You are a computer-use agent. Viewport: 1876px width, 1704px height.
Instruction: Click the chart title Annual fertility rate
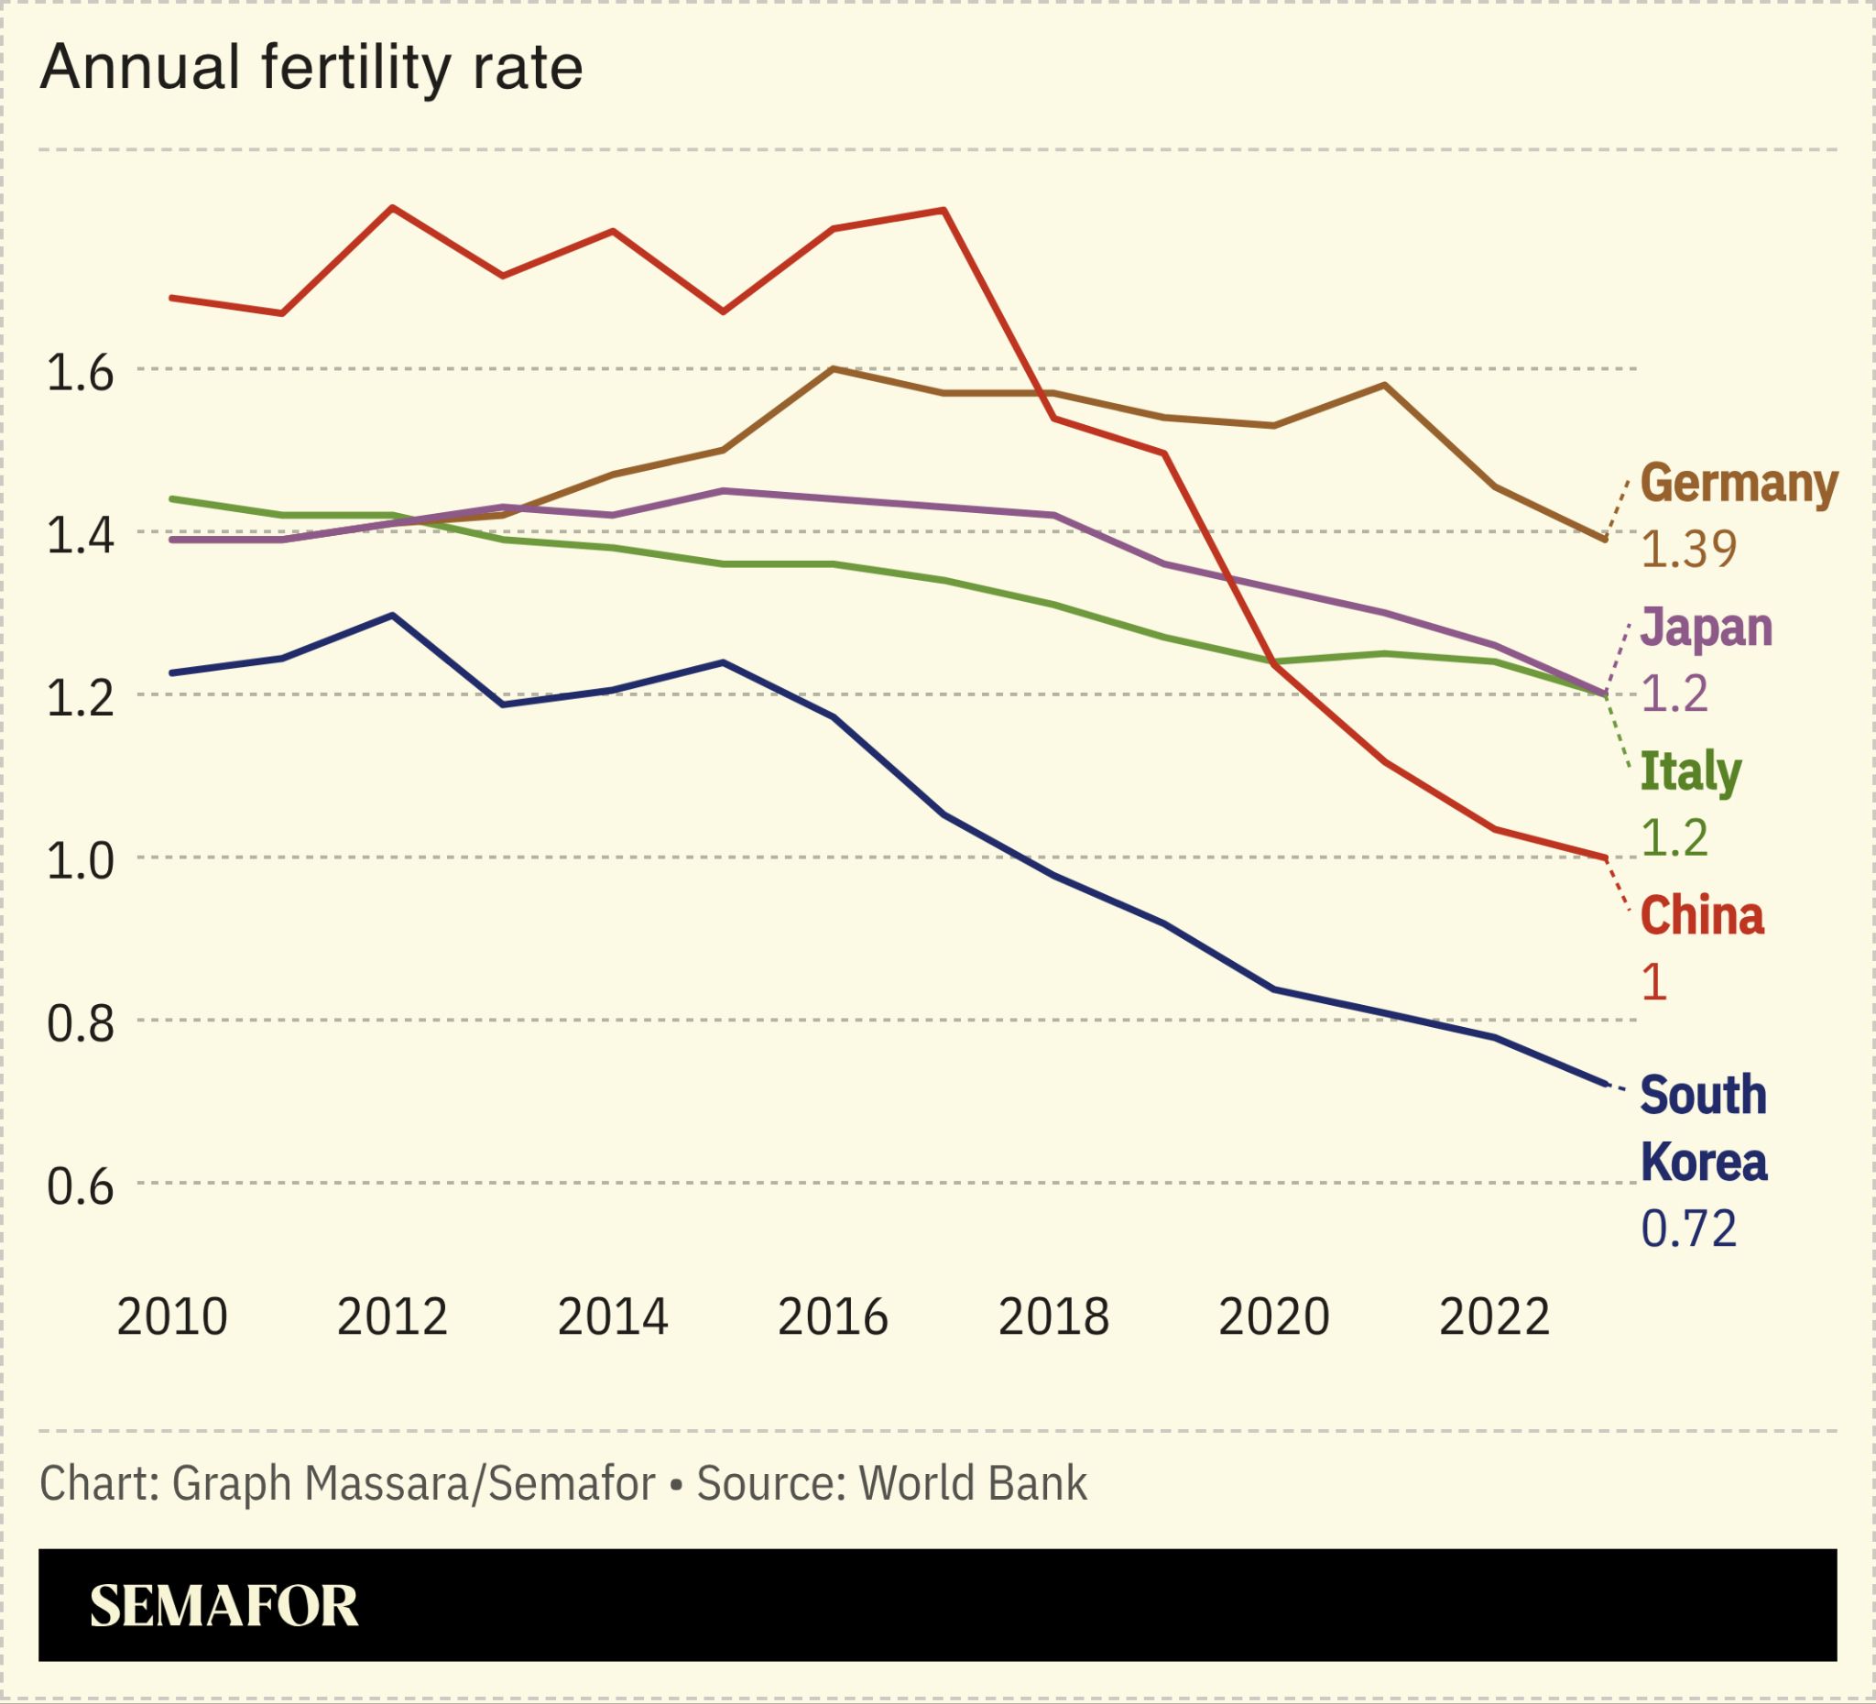[x=311, y=68]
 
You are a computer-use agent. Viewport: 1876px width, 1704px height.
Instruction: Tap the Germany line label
[x=1739, y=484]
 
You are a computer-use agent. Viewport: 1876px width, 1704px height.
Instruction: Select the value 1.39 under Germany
[x=1688, y=550]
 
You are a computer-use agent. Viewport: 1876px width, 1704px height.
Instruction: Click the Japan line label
[x=1706, y=628]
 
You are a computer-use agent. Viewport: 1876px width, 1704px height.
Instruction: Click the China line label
[x=1702, y=916]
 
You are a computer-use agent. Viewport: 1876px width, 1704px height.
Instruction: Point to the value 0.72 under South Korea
[x=1688, y=1229]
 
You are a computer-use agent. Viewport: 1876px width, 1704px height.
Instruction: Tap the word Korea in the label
[x=1703, y=1163]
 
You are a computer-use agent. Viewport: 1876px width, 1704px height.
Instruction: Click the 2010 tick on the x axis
[x=172, y=1317]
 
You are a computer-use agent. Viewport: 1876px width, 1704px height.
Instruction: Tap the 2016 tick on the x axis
[x=833, y=1317]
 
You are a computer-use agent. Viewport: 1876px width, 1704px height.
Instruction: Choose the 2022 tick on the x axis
[x=1494, y=1317]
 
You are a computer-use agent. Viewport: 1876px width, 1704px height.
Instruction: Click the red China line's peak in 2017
[x=944, y=211]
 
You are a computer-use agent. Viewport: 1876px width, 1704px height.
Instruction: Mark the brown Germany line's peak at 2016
[x=834, y=369]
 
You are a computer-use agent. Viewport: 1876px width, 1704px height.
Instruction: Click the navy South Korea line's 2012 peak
[x=393, y=615]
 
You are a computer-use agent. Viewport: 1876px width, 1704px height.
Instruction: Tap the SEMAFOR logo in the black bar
[x=224, y=1605]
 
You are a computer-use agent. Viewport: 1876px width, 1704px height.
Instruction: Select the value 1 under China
[x=1653, y=983]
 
